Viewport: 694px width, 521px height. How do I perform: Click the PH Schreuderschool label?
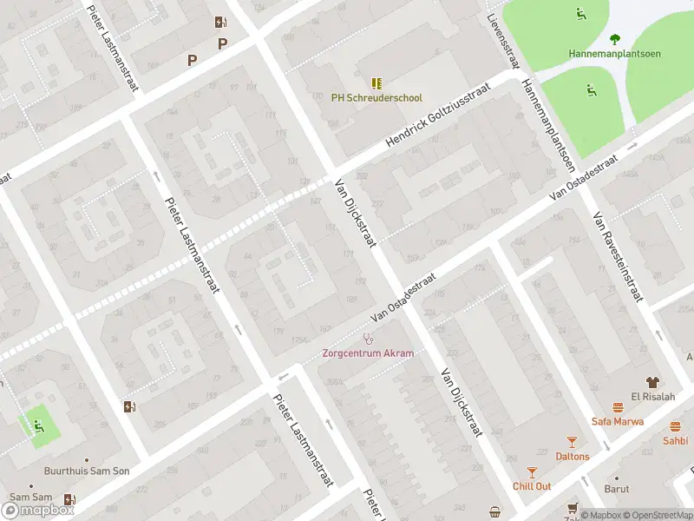pyautogui.click(x=376, y=98)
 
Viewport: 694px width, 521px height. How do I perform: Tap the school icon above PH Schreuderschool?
pyautogui.click(x=376, y=83)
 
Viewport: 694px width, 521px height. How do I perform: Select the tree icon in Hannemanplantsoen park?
pyautogui.click(x=615, y=38)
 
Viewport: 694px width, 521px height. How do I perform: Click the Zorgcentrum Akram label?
pyautogui.click(x=368, y=353)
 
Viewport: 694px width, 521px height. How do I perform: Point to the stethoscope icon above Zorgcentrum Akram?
pyautogui.click(x=368, y=339)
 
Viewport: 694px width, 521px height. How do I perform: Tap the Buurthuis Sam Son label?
pyautogui.click(x=87, y=472)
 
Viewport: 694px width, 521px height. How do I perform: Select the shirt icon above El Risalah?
pyautogui.click(x=653, y=381)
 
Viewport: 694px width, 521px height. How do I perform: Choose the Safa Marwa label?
pyautogui.click(x=618, y=421)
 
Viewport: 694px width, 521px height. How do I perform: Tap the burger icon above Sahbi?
pyautogui.click(x=675, y=426)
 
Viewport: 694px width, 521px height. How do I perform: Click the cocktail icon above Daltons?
pyautogui.click(x=572, y=442)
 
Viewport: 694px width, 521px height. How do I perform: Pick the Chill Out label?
pyautogui.click(x=532, y=486)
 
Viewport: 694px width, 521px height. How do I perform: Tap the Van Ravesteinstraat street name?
pyautogui.click(x=617, y=258)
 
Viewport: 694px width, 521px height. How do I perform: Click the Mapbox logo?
pyautogui.click(x=38, y=510)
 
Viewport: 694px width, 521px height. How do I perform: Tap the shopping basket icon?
pyautogui.click(x=494, y=511)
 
